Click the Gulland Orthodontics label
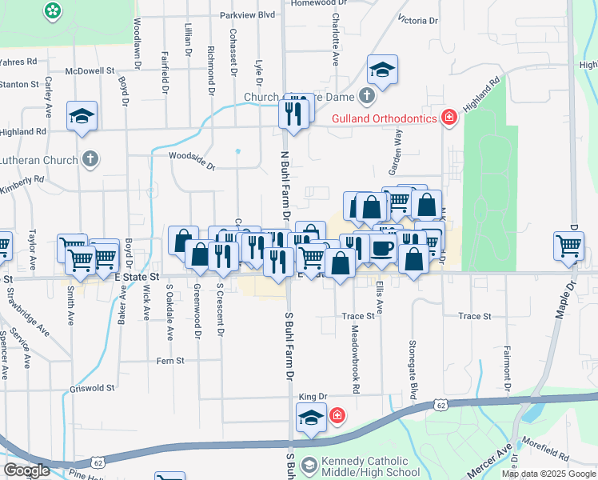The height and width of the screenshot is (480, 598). (385, 118)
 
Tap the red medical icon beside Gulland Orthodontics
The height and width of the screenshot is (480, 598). (449, 118)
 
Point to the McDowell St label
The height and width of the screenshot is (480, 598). (92, 70)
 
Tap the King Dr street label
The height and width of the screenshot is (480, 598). (313, 397)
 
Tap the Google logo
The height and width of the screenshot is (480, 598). (26, 470)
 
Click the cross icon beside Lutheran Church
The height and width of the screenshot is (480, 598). (90, 158)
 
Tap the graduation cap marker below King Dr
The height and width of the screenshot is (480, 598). (311, 417)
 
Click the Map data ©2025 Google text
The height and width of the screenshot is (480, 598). (548, 474)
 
